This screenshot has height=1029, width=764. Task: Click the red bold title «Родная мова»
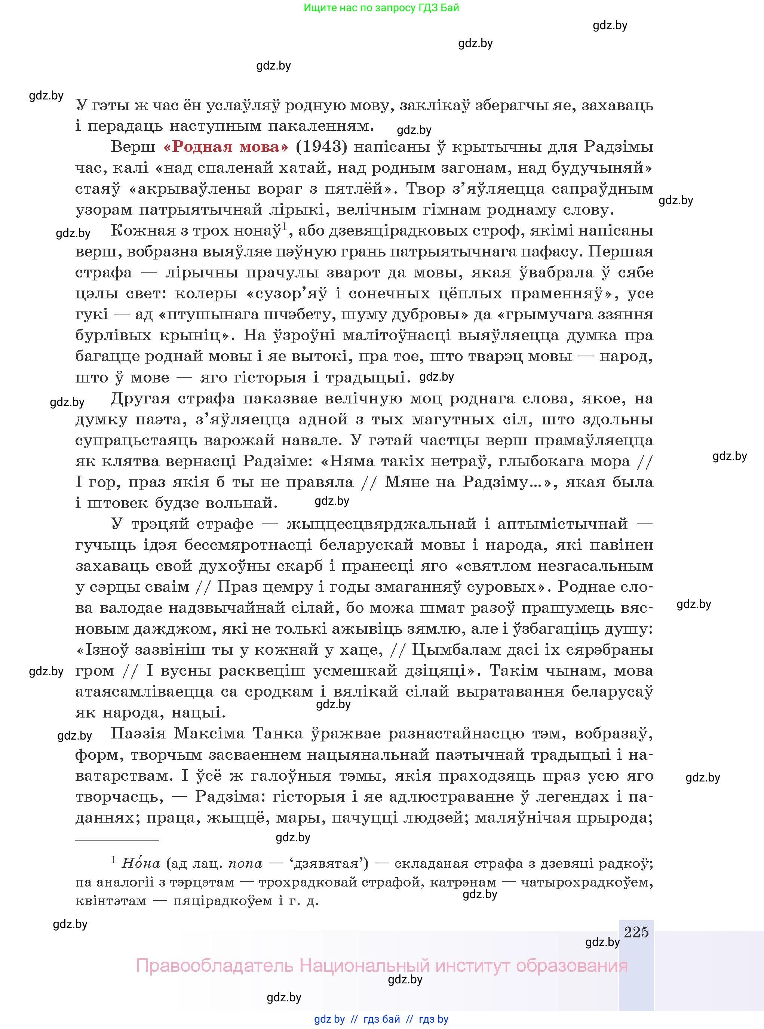[x=226, y=147]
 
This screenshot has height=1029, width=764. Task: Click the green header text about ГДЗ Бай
[x=381, y=8]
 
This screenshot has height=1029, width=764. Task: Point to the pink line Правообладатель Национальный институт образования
[x=381, y=966]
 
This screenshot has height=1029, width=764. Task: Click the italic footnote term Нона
[x=141, y=863]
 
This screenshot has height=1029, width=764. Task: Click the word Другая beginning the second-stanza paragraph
[x=141, y=398]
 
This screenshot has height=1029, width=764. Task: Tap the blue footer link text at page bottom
[x=381, y=1019]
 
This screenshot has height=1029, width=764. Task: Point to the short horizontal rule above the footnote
[x=117, y=839]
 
